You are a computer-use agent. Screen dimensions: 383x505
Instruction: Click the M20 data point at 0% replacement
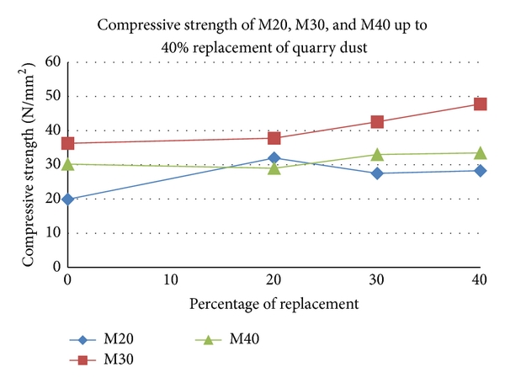(x=68, y=199)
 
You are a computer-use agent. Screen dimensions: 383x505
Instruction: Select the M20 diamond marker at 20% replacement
(x=274, y=158)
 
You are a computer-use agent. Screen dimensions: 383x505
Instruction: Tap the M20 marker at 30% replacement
(x=378, y=173)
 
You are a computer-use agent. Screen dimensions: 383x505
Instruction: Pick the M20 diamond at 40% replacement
(x=481, y=171)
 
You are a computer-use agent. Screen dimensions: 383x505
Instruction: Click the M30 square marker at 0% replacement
(x=68, y=144)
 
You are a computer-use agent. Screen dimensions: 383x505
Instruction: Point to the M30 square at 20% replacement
(x=274, y=138)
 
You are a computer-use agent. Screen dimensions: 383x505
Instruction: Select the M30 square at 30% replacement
(x=378, y=122)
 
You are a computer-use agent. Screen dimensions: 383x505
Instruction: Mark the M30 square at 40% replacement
(x=481, y=104)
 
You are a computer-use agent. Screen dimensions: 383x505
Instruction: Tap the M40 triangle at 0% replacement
(x=68, y=163)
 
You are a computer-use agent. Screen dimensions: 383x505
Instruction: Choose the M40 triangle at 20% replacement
(x=274, y=168)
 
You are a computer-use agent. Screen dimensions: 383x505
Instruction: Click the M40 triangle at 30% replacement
(x=378, y=154)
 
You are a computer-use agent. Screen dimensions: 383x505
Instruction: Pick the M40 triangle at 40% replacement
(x=481, y=152)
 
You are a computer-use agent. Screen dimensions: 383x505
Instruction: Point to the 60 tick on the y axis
(x=52, y=61)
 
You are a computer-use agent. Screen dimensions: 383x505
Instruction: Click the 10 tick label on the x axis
(x=171, y=279)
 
